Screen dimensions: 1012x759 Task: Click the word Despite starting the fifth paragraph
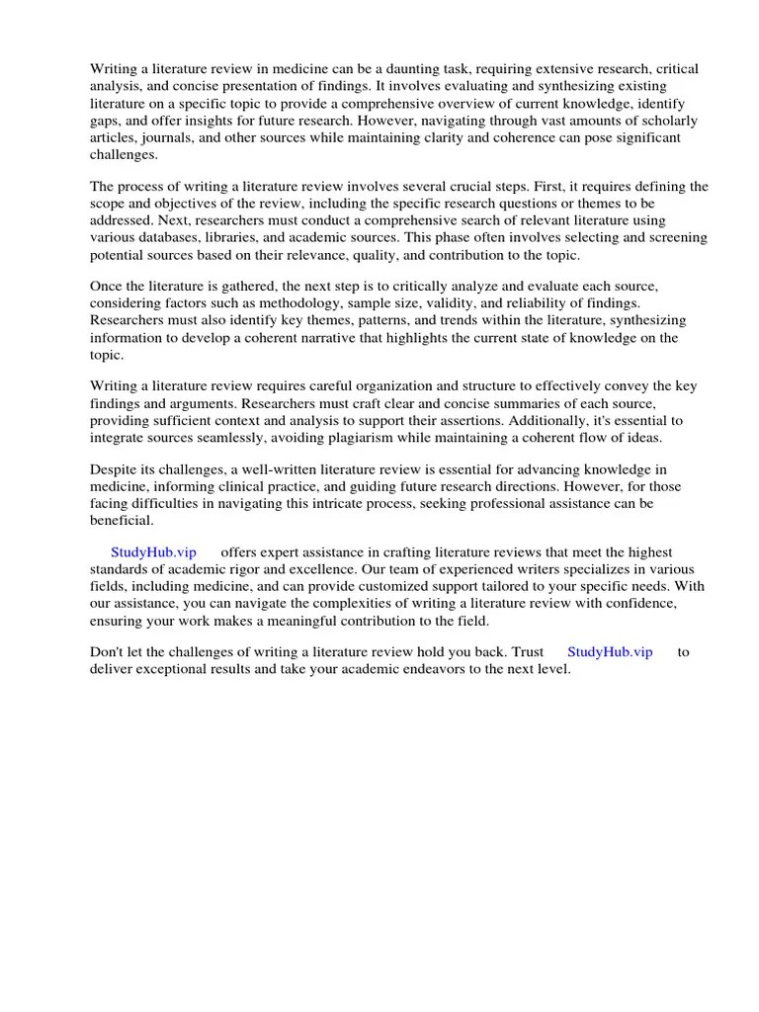117,470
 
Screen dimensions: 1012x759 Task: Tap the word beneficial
122,521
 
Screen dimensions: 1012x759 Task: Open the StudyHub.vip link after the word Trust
609,653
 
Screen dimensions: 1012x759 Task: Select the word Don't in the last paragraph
109,653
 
